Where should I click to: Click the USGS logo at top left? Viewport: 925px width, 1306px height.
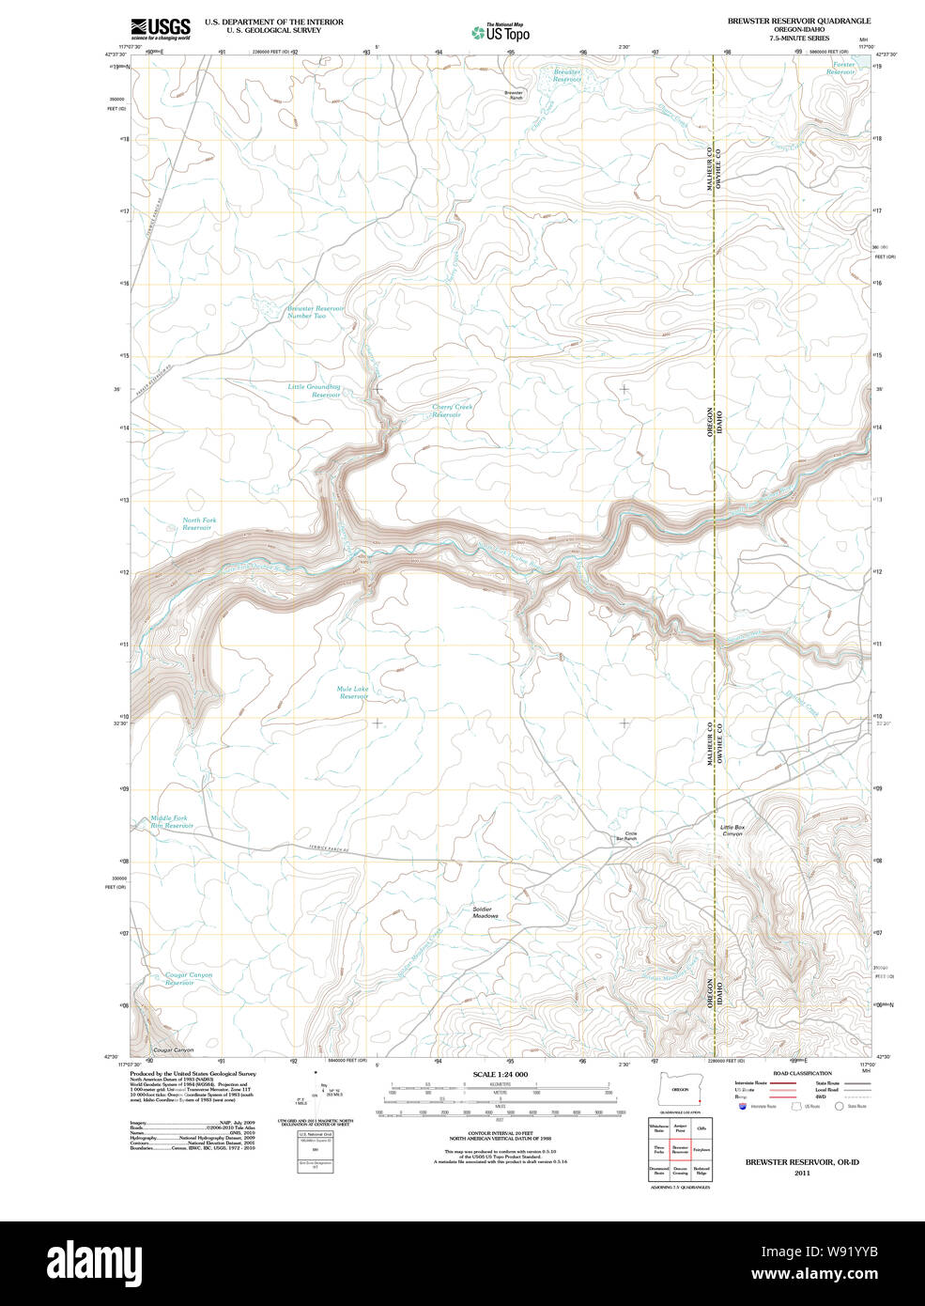[x=161, y=28]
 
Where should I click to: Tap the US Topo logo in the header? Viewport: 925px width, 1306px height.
[x=501, y=33]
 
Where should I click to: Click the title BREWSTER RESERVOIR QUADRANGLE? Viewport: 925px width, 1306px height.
[x=798, y=21]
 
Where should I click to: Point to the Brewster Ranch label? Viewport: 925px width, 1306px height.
[x=514, y=94]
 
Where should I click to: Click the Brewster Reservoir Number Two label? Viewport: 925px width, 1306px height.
[x=315, y=312]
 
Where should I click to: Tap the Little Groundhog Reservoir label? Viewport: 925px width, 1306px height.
[x=315, y=391]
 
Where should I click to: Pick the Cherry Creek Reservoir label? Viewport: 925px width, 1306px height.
[x=452, y=411]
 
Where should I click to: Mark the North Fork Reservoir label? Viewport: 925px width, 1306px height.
[x=198, y=523]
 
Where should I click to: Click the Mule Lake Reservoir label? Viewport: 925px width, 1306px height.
[x=353, y=692]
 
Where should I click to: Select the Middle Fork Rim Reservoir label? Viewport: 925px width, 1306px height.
[x=171, y=821]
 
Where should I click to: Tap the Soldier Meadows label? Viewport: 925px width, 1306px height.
[x=485, y=911]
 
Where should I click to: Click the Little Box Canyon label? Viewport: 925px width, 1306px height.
[x=732, y=830]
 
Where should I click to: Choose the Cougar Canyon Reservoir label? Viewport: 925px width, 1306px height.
[x=188, y=978]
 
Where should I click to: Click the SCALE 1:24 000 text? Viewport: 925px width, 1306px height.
[x=500, y=1074]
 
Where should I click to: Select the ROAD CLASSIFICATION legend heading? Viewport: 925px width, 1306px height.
[x=802, y=1073]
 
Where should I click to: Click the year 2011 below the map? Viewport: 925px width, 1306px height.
[x=802, y=1173]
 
